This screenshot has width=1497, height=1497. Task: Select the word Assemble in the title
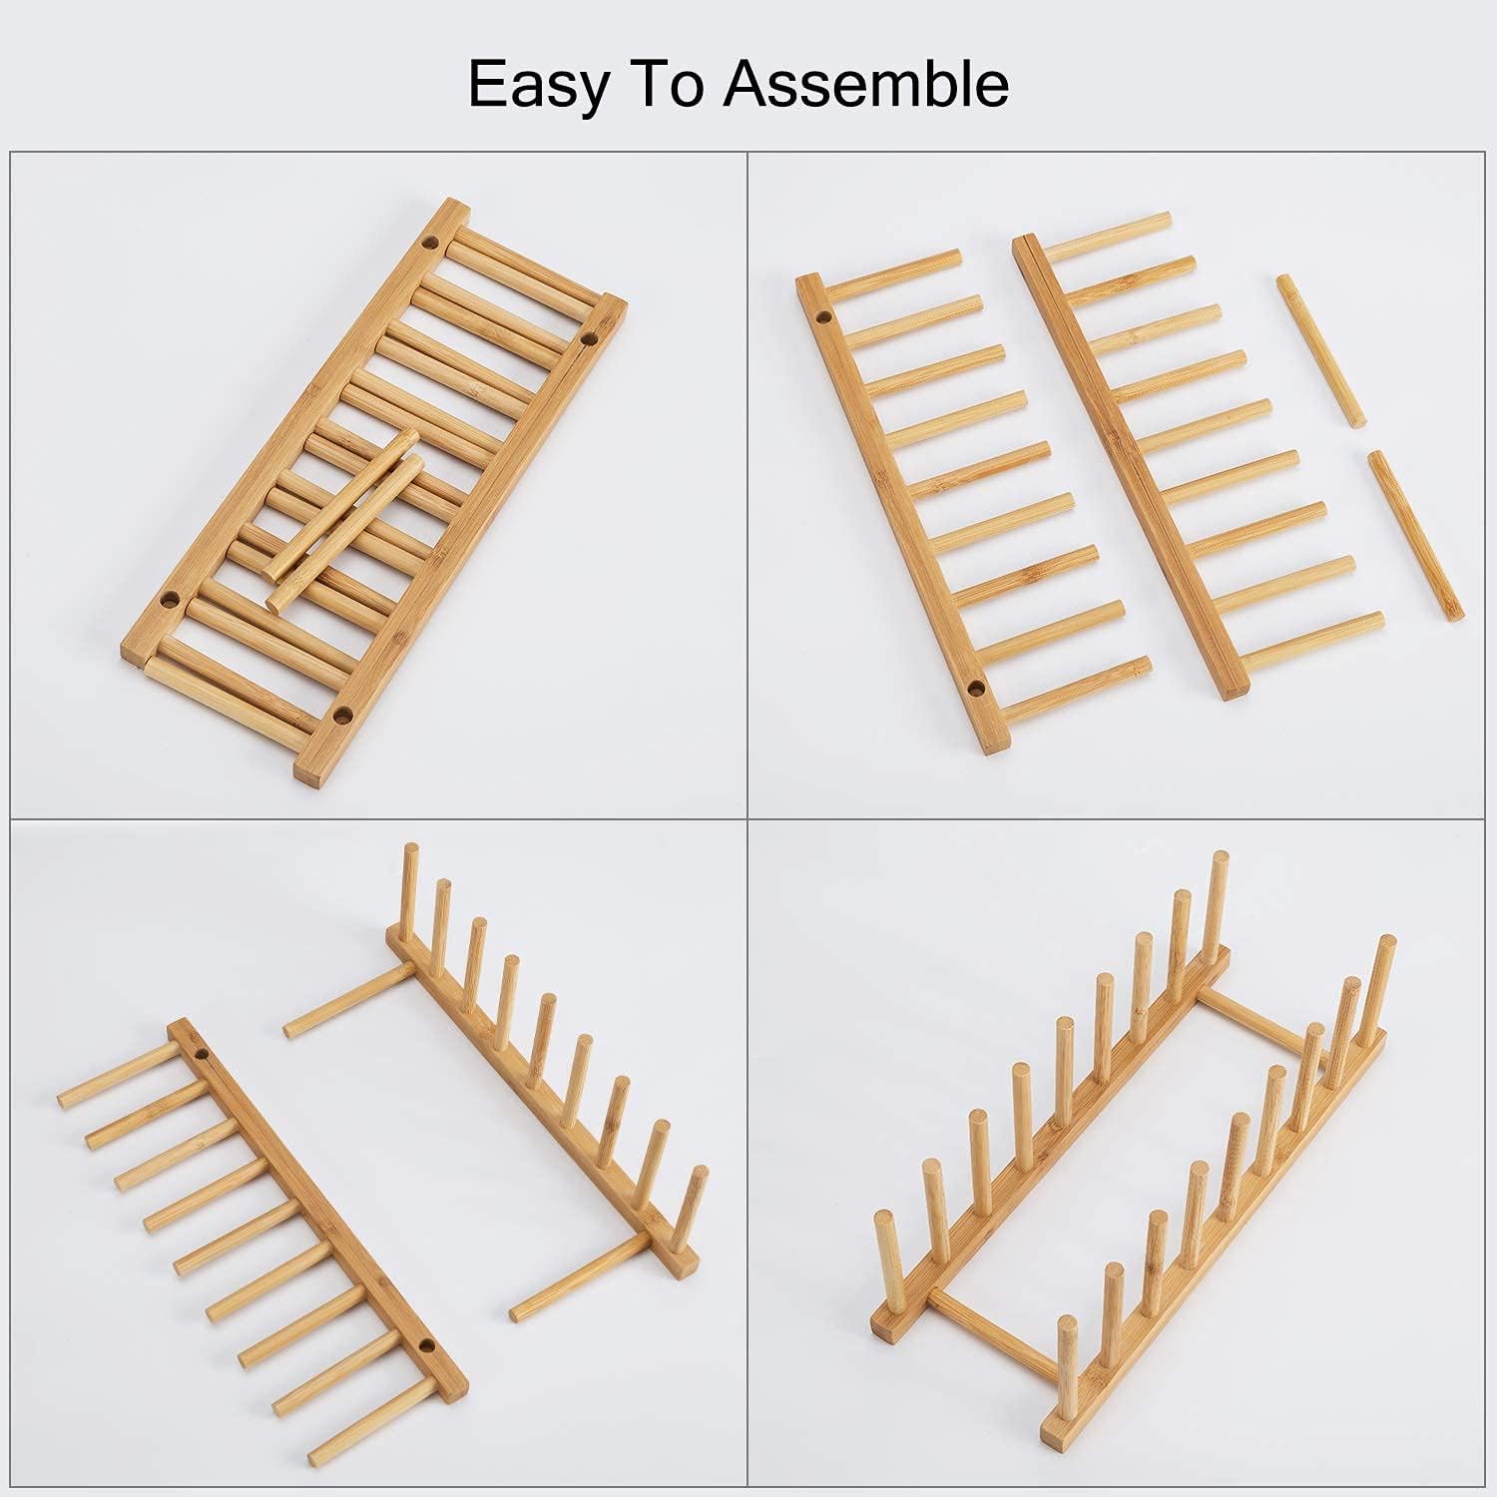click(x=866, y=84)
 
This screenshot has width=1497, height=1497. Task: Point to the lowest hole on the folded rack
click(x=342, y=714)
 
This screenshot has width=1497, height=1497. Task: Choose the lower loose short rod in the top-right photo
click(x=1415, y=535)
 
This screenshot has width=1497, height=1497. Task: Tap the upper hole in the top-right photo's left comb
click(x=824, y=318)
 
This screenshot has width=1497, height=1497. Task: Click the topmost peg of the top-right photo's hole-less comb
click(x=1108, y=230)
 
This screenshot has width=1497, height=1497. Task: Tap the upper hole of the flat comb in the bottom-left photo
click(x=202, y=1054)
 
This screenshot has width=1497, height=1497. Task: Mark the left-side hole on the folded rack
click(x=170, y=600)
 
